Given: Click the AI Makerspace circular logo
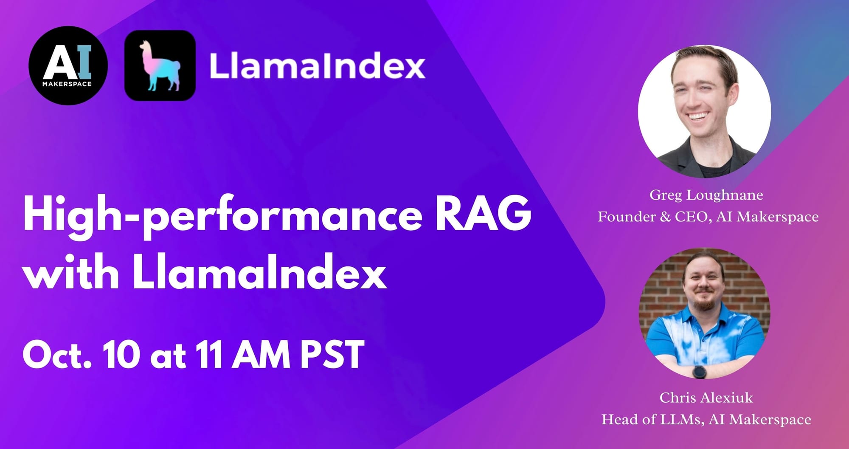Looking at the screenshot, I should pos(68,65).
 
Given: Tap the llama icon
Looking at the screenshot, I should pos(160,65).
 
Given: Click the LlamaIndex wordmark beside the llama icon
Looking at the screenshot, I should pos(317,66).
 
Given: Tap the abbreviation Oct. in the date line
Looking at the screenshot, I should pos(57,354).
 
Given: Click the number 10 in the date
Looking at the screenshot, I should pos(121,353).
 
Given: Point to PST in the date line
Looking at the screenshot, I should pos(332,353).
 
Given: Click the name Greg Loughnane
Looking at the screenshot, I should pos(706,195).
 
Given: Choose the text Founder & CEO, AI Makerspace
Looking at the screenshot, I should pos(708,217).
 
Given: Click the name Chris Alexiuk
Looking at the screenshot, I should pos(706,398).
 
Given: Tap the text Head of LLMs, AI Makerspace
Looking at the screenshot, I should pos(706,419).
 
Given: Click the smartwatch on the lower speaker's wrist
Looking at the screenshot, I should pos(699,371).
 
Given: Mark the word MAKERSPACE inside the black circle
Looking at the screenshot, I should pos(67,84).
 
